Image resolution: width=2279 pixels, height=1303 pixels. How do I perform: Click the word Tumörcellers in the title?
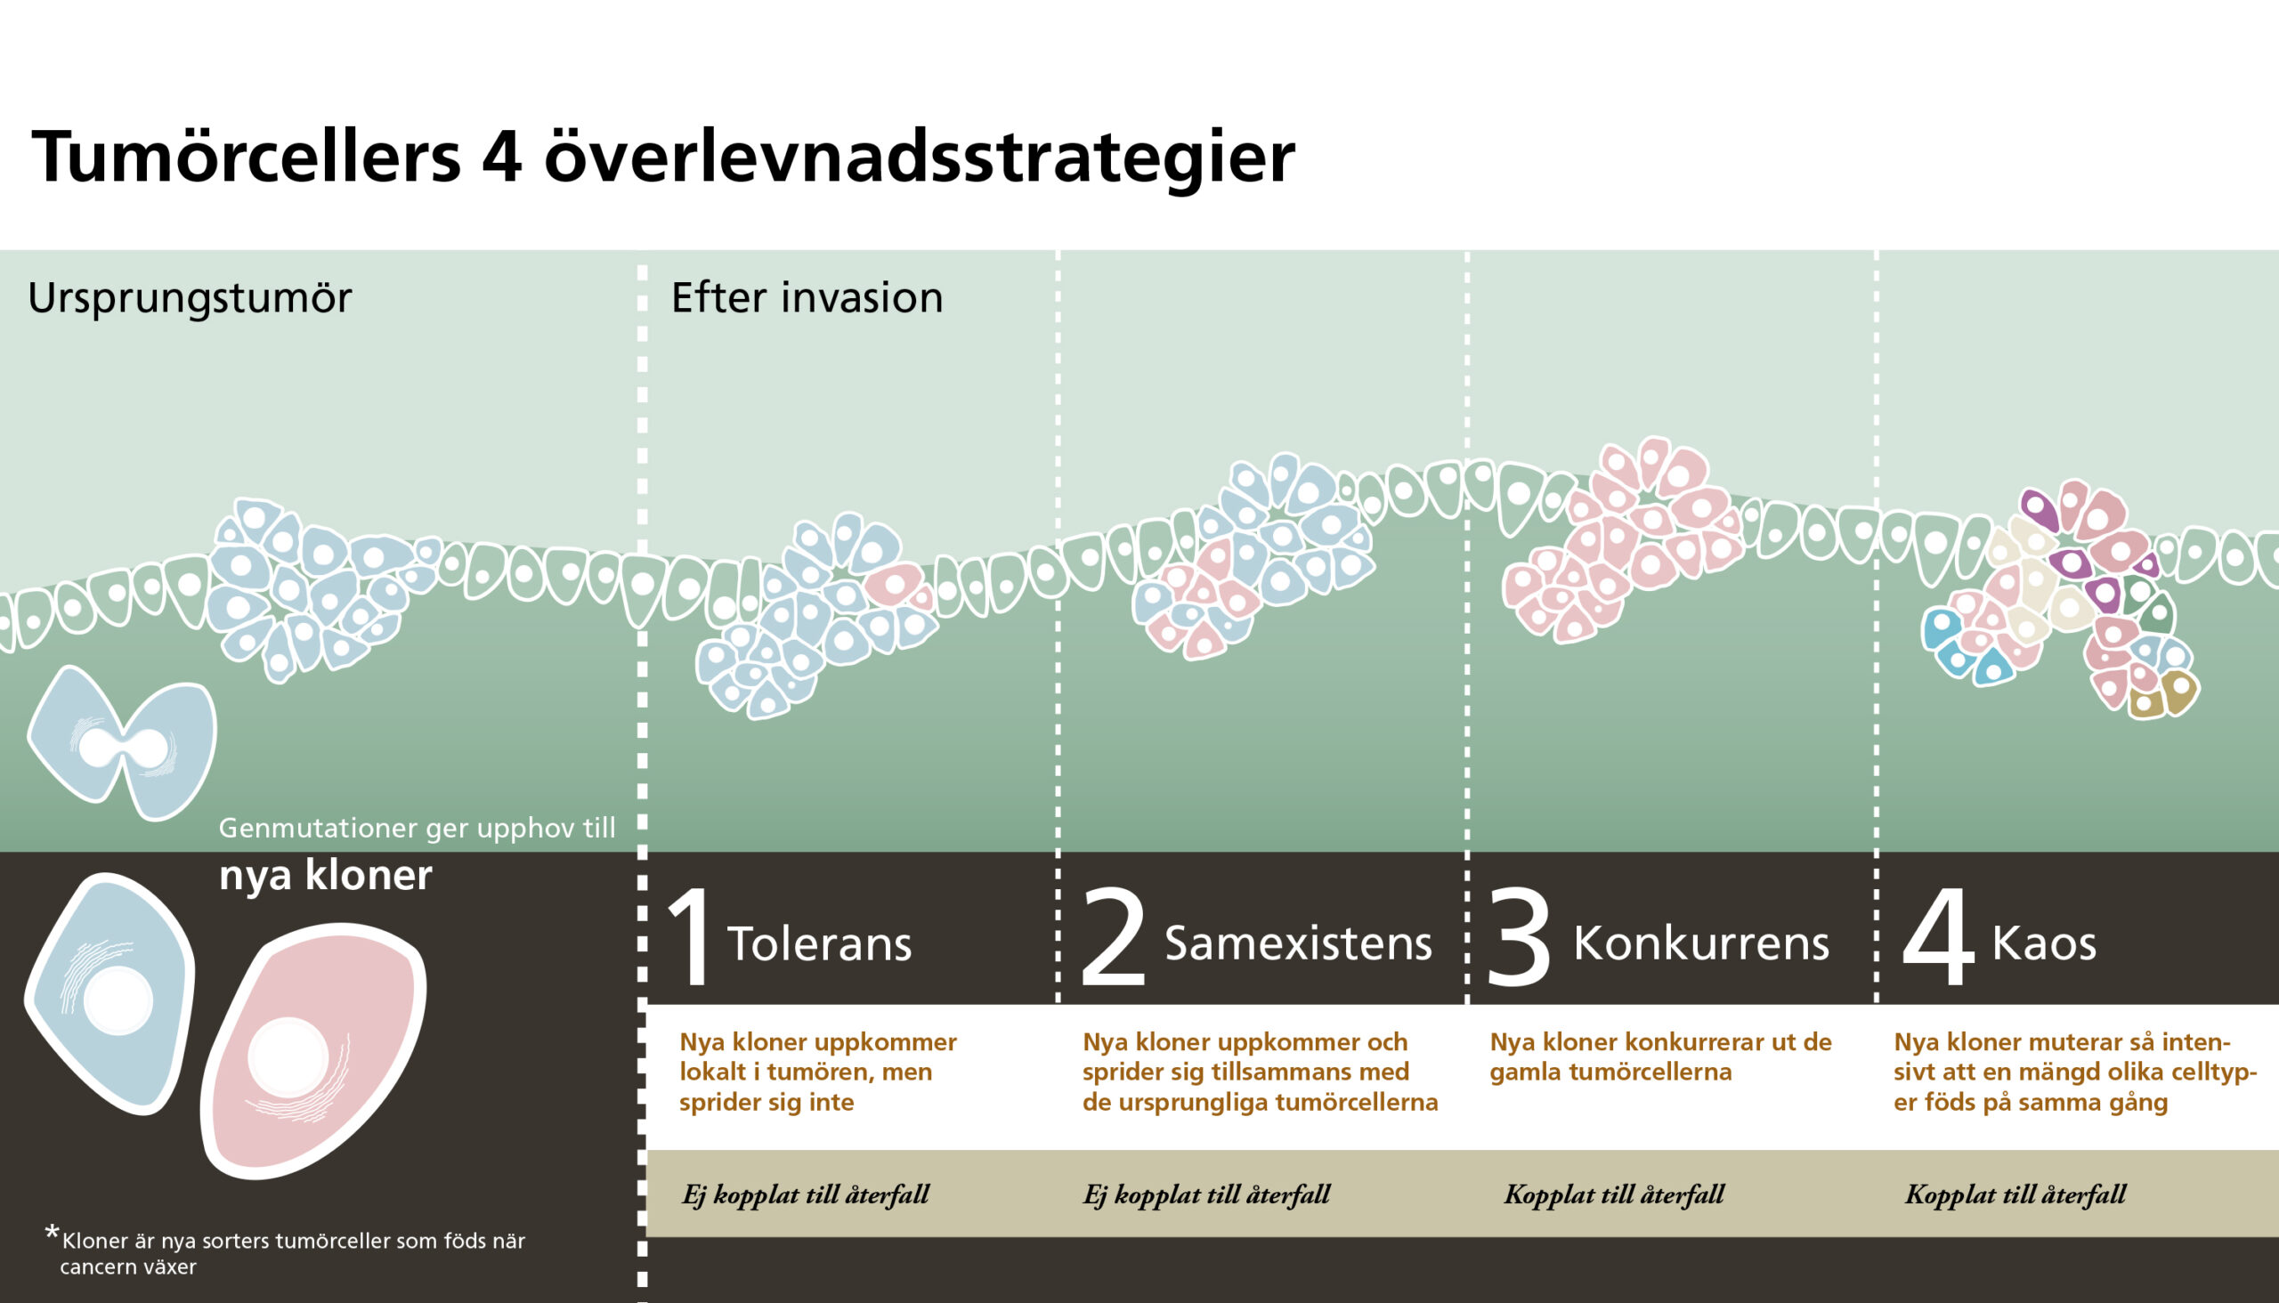point(247,157)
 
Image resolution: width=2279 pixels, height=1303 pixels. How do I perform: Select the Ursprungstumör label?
point(190,299)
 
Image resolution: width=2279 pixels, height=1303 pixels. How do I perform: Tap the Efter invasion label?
point(807,297)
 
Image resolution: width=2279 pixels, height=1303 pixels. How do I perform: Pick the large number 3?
point(1519,939)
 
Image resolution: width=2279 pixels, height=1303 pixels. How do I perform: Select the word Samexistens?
point(1298,943)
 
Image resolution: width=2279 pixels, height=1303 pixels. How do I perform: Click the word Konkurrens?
point(1700,943)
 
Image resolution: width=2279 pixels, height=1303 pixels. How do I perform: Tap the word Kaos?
point(2045,943)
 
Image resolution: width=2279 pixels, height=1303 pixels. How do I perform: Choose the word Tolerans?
point(819,944)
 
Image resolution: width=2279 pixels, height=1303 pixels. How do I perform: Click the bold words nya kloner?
point(326,874)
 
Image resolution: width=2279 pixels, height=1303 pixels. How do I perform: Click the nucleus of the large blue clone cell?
point(118,1000)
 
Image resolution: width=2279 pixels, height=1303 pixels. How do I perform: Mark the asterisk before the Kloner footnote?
point(52,1234)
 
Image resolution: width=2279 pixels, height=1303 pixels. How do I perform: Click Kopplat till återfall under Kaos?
point(2015,1194)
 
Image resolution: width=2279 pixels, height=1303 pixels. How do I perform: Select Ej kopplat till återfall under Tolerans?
point(806,1194)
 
